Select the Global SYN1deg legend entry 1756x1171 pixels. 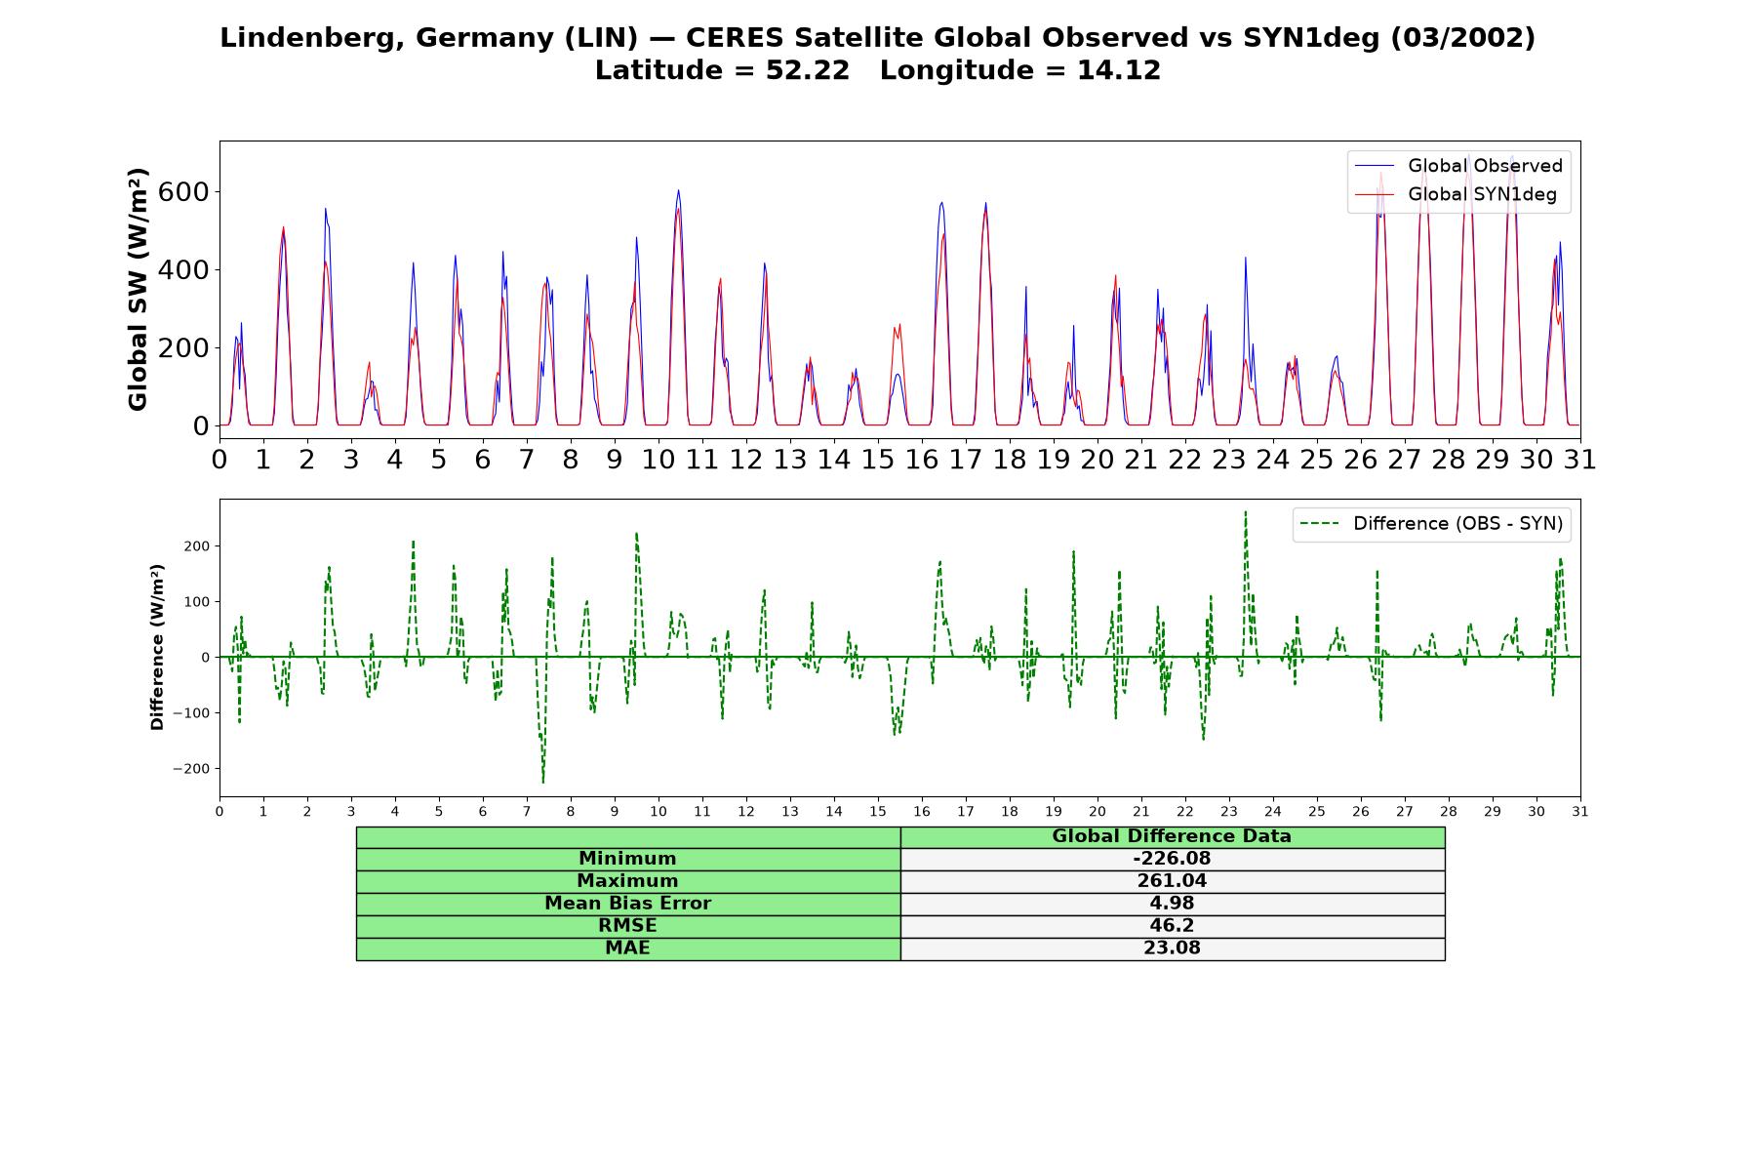[x=1456, y=194]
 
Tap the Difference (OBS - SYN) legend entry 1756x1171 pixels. [x=1432, y=524]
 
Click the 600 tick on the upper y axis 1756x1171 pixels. [x=183, y=191]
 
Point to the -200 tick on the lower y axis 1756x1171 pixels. [x=191, y=769]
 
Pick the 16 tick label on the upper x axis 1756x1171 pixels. [x=922, y=459]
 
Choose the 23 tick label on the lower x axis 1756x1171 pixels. [x=1229, y=812]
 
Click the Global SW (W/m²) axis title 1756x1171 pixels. [x=138, y=289]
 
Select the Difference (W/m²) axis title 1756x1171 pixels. [x=157, y=648]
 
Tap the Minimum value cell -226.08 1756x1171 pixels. [x=1172, y=859]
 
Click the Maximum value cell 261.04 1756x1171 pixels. [x=1172, y=881]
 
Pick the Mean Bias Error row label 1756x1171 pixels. [x=627, y=904]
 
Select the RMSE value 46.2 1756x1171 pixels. [x=1172, y=926]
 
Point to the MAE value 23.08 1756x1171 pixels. [x=1172, y=949]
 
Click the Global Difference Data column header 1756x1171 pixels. [x=1172, y=836]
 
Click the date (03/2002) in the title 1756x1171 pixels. [x=1463, y=38]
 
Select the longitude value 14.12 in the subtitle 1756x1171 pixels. [x=1119, y=71]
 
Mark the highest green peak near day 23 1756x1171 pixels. [x=1245, y=511]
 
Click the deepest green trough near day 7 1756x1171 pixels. [x=543, y=782]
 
